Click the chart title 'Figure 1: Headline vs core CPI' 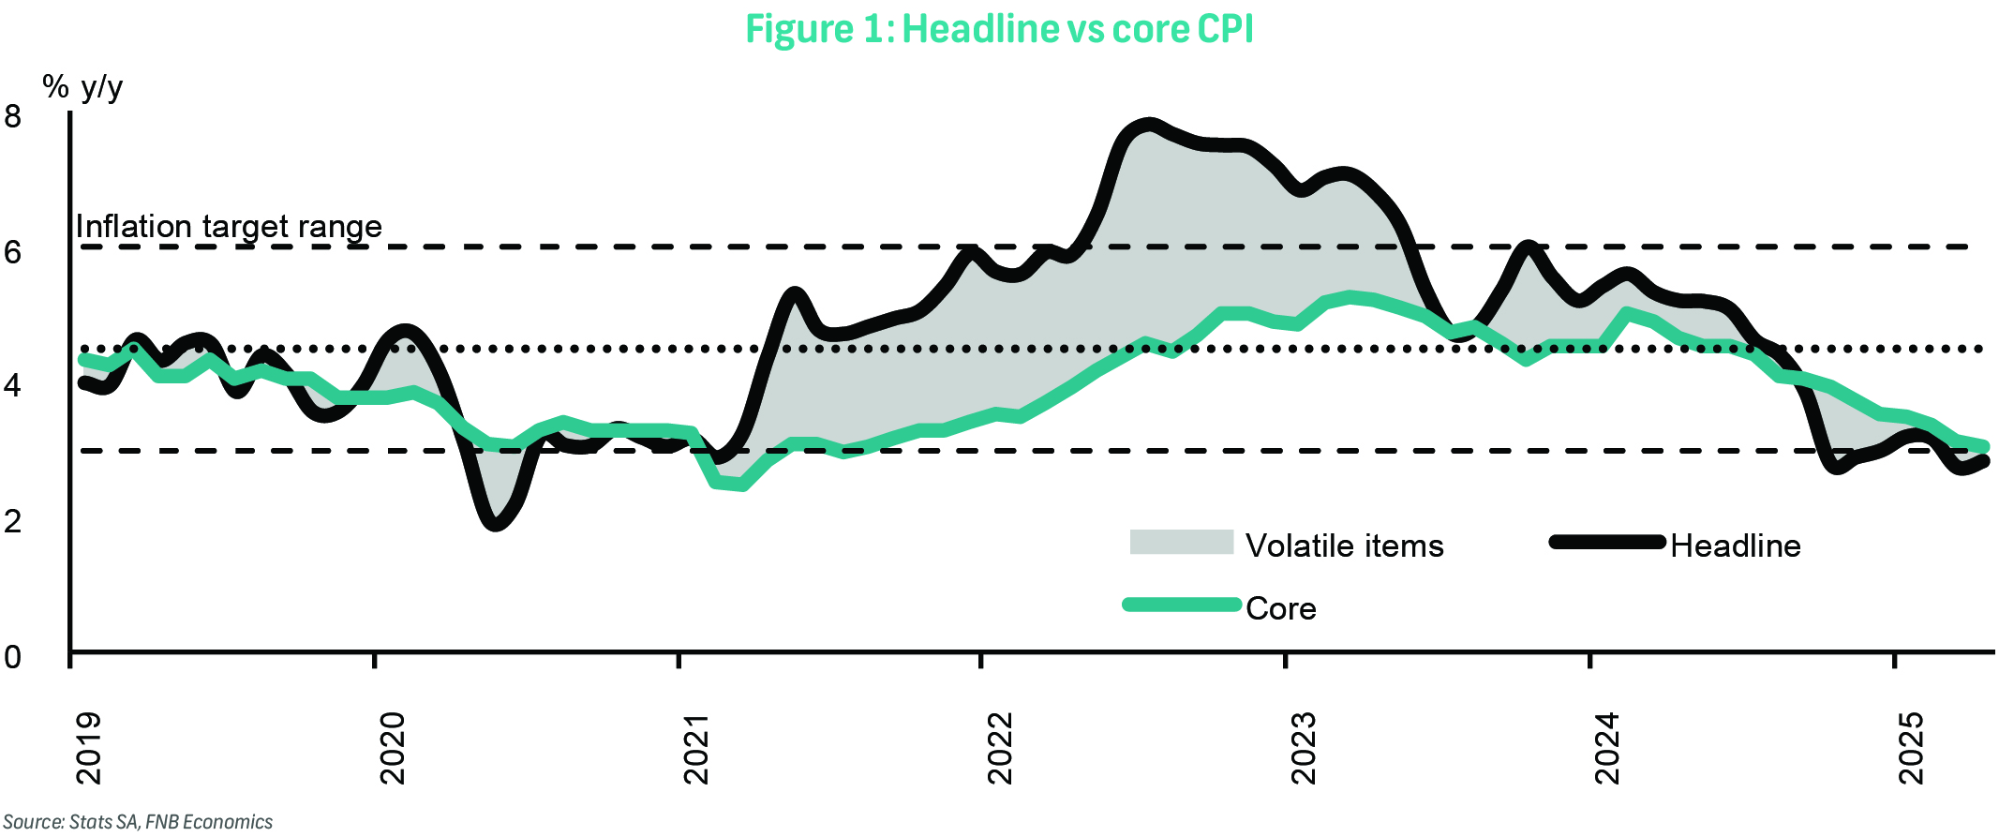click(x=999, y=29)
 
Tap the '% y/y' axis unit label click(x=82, y=87)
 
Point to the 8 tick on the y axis click(x=13, y=117)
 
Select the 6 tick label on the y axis click(x=13, y=251)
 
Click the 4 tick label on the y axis click(x=13, y=385)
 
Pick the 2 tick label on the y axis click(x=13, y=520)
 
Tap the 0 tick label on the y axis click(x=13, y=656)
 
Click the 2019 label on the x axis click(x=88, y=748)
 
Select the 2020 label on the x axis click(x=392, y=748)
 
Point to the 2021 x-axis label click(x=696, y=748)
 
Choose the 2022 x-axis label click(x=1000, y=748)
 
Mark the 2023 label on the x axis click(x=1304, y=748)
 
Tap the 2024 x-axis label click(x=1607, y=748)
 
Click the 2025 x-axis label click(x=1911, y=748)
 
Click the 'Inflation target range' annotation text click(x=229, y=227)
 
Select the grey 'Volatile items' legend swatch click(x=1181, y=542)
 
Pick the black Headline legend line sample click(x=1606, y=542)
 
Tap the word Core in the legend click(x=1280, y=608)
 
